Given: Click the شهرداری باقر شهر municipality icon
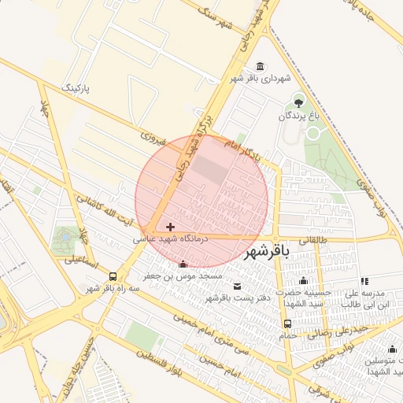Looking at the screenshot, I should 261,65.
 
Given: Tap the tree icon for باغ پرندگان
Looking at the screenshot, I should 298,101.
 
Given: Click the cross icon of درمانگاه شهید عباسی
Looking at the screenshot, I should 171,227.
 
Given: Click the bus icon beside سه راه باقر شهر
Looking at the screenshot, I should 114,276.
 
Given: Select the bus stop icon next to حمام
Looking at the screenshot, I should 287,324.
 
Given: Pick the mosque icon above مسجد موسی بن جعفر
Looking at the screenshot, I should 183,264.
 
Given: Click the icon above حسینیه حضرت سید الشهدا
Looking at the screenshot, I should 304,281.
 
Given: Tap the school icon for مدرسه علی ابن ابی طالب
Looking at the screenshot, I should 364,281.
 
